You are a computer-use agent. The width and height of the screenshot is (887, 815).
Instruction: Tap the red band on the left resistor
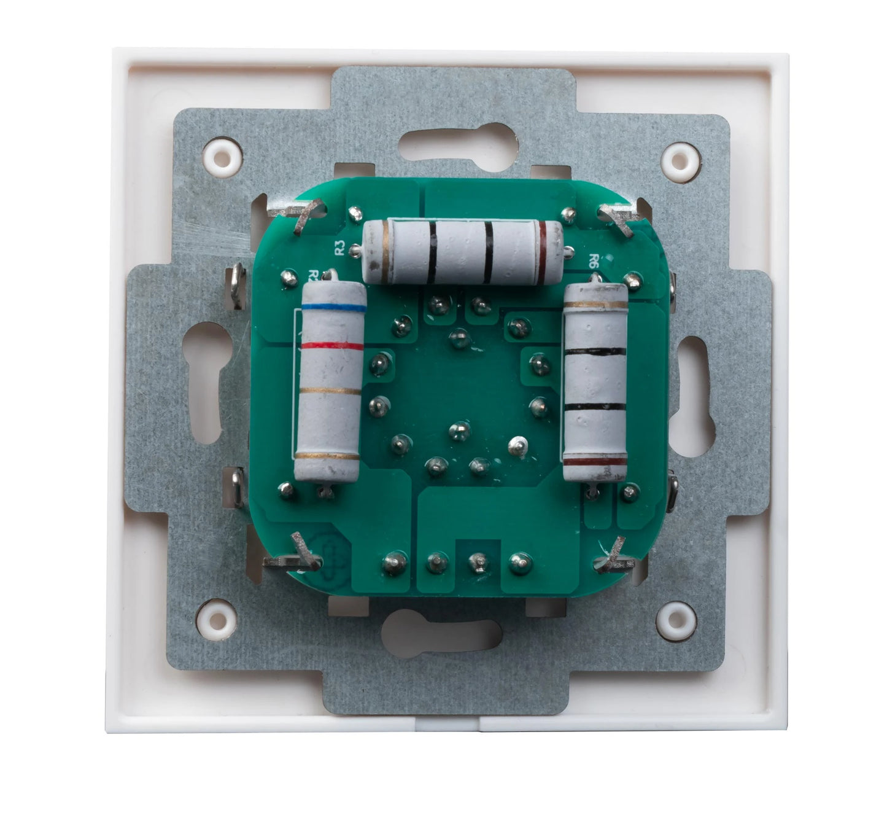pyautogui.click(x=333, y=346)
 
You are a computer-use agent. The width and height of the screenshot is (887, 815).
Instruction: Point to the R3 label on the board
pyautogui.click(x=339, y=249)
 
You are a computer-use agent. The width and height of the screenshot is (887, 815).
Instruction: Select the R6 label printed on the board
pyautogui.click(x=594, y=260)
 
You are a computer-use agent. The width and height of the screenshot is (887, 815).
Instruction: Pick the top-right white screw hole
pyautogui.click(x=681, y=160)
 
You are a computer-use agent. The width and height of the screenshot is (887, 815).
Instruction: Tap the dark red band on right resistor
pyautogui.click(x=595, y=461)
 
